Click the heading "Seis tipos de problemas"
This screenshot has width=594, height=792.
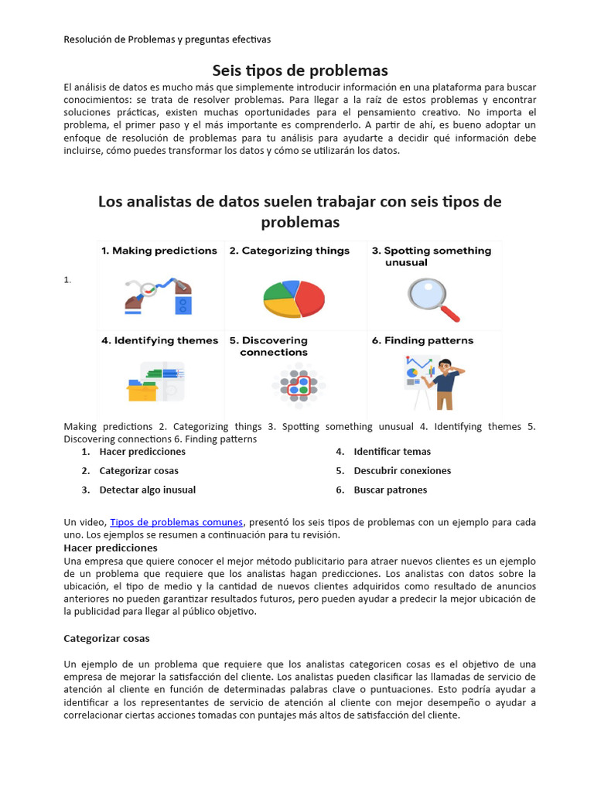point(300,70)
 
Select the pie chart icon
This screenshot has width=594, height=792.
point(294,299)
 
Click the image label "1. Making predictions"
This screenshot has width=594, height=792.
point(159,251)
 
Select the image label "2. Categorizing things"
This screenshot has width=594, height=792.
point(289,251)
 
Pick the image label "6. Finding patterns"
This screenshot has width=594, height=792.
point(428,340)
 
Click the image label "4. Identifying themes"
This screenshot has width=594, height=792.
point(159,340)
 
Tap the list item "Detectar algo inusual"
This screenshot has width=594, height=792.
point(147,490)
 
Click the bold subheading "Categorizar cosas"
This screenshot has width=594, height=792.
point(106,639)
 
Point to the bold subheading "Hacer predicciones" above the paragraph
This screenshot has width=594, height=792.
point(110,548)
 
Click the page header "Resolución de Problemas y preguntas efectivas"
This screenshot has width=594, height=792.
point(167,39)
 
